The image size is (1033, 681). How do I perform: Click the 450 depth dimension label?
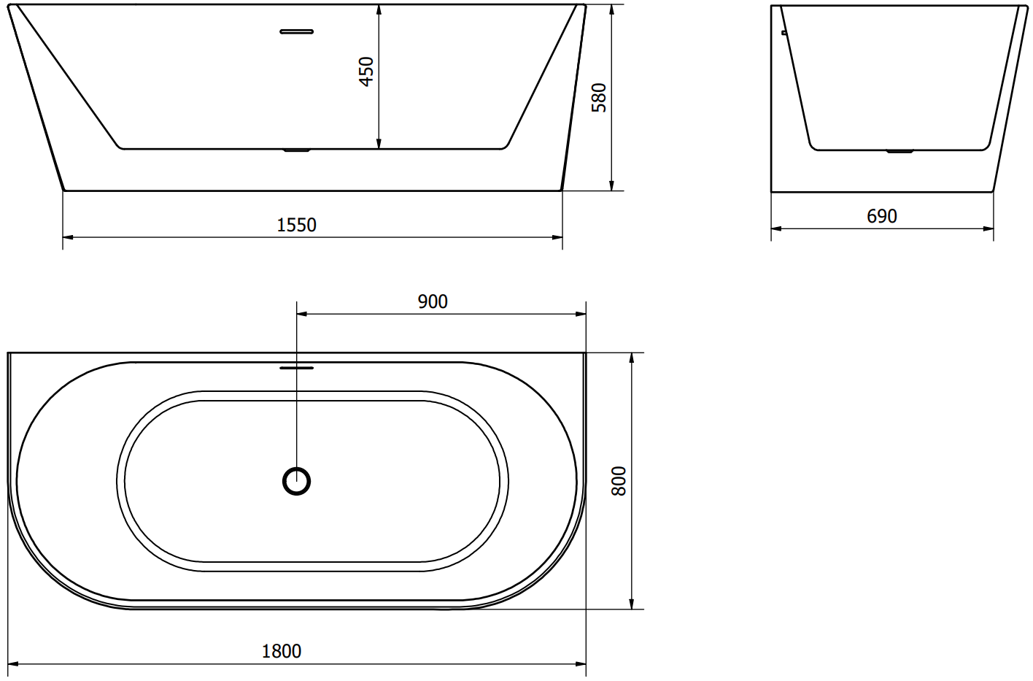pos(366,72)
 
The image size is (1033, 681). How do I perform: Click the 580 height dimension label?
pos(599,97)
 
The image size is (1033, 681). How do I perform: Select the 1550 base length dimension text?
pos(296,225)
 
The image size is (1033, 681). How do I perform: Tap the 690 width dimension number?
pos(882,216)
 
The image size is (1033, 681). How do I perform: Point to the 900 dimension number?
pos(433,301)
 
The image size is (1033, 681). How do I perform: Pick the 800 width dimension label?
pos(619,481)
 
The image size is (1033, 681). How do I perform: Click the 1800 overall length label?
pos(282,652)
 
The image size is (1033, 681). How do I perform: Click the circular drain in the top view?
pos(296,481)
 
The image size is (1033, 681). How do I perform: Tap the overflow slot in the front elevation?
pos(296,32)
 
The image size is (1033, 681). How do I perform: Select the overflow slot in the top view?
pos(296,368)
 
